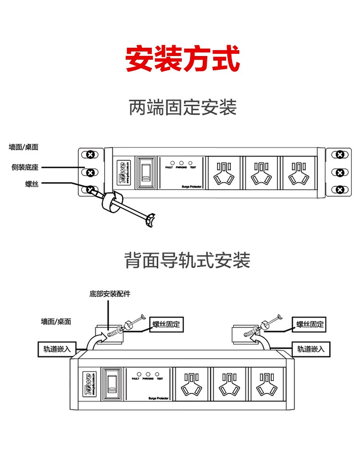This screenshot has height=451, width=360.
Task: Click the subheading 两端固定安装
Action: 183,107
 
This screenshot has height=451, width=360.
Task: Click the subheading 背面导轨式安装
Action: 187,261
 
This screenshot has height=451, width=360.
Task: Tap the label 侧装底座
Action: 25,167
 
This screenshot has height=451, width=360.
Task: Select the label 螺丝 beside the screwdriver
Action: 32,183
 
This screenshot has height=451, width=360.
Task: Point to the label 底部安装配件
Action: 110,294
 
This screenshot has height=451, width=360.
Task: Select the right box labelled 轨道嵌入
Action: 310,349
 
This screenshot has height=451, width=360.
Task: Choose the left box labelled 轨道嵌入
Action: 54,349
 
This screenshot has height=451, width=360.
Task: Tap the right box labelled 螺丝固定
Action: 310,324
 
